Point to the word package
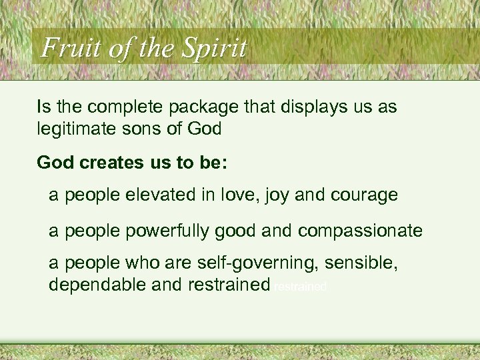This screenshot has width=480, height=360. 204,107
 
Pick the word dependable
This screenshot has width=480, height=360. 96,285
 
